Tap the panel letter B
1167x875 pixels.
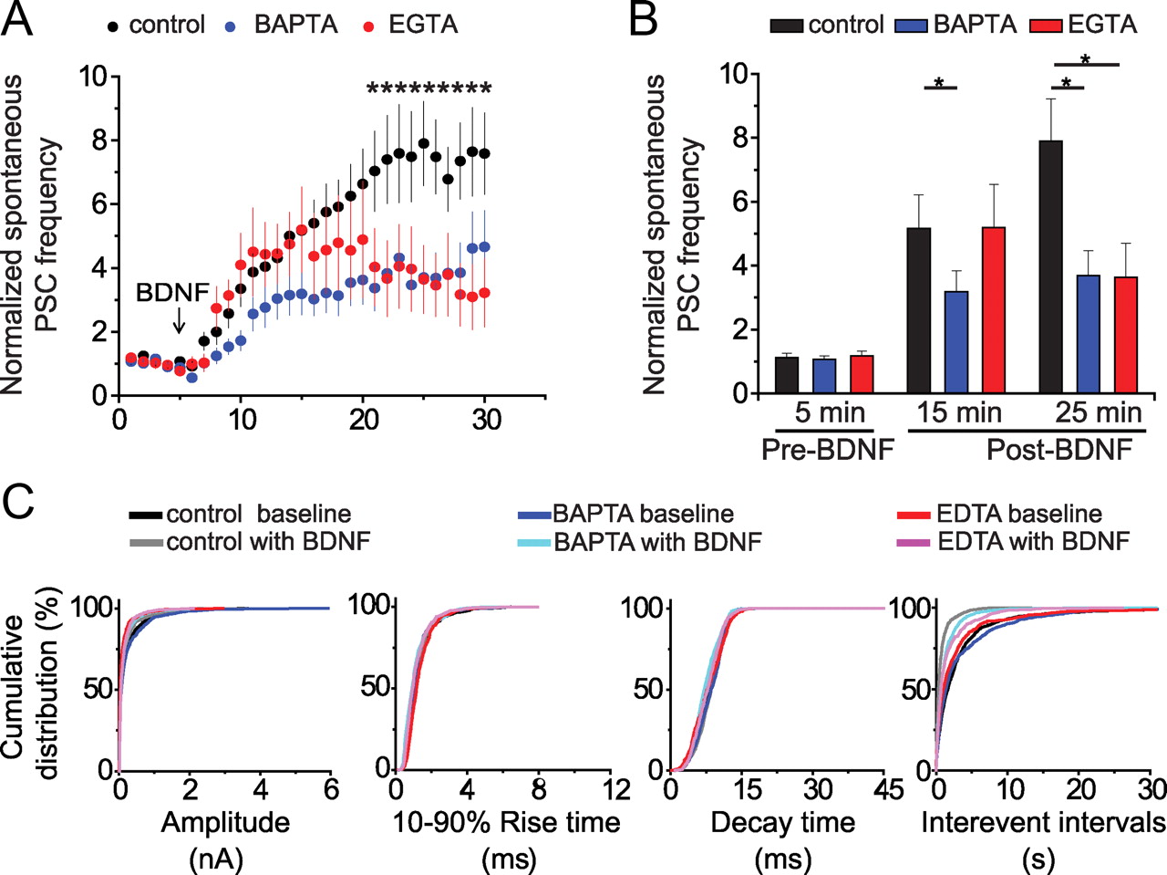click(x=643, y=20)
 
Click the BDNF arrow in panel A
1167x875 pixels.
click(x=179, y=319)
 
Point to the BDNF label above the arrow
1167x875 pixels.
click(x=172, y=293)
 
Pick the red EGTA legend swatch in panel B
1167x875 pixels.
click(x=1046, y=25)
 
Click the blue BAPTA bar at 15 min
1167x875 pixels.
click(x=956, y=342)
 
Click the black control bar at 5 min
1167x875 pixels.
click(x=786, y=375)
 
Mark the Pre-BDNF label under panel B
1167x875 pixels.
click(x=828, y=449)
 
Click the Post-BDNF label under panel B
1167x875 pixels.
click(x=1059, y=449)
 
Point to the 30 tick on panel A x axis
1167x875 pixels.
click(x=486, y=420)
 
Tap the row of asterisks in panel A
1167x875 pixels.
click(x=429, y=89)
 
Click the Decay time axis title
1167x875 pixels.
click(x=782, y=823)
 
